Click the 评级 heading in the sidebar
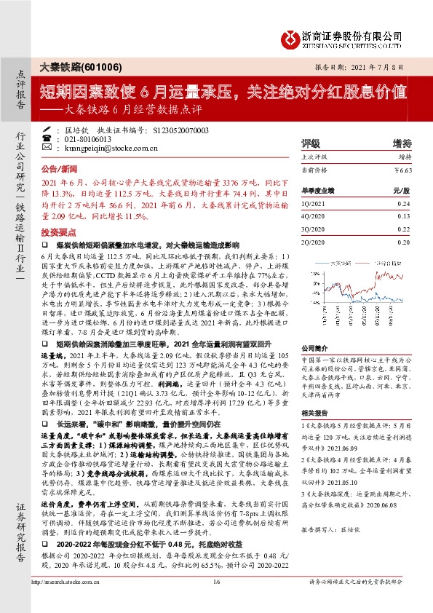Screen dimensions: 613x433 (x=311, y=143)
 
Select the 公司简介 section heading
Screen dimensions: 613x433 (x=315, y=328)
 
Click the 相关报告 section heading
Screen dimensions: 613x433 (x=315, y=414)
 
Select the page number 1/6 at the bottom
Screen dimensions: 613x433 (x=216, y=601)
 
